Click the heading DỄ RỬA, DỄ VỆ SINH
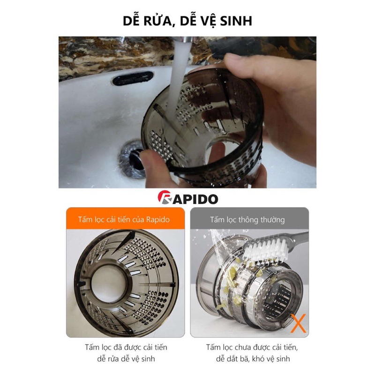pos(187,21)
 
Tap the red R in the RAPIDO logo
pos(164,198)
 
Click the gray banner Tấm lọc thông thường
pos(249,219)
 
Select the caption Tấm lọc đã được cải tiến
pos(126,347)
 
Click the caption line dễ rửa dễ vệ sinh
pos(126,359)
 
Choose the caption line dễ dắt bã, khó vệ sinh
pos(250,359)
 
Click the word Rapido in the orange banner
pos(157,219)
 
